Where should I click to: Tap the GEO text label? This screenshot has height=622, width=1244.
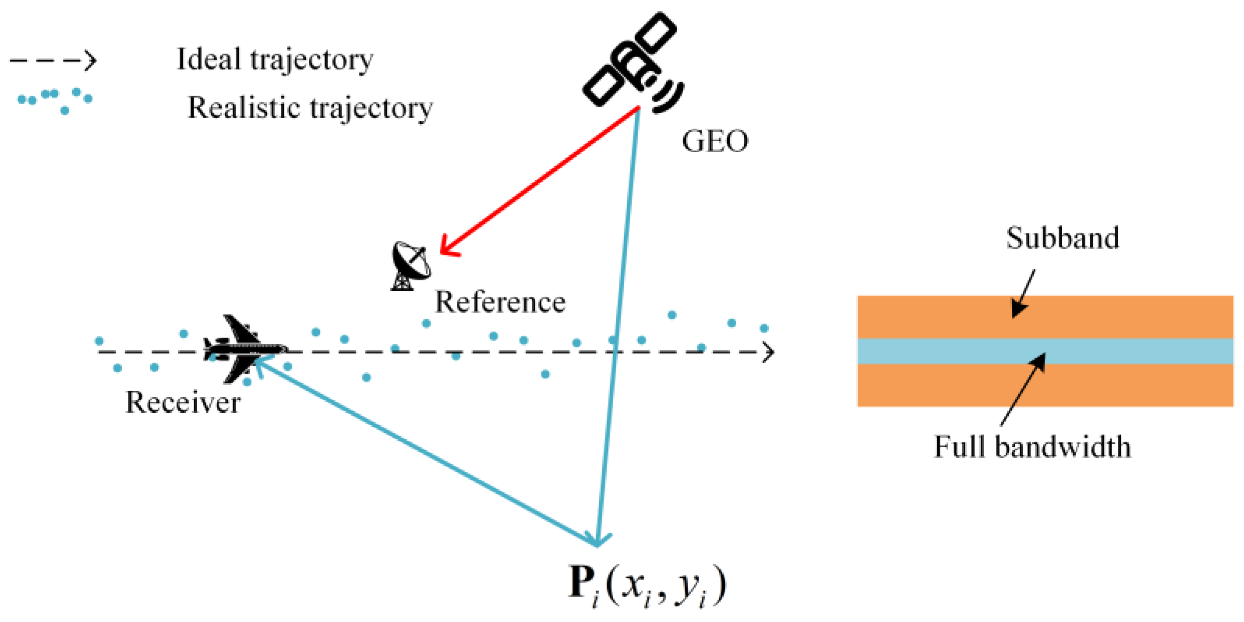click(x=714, y=141)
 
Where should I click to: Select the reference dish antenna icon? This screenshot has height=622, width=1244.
click(x=410, y=265)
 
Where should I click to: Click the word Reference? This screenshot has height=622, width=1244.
click(x=499, y=302)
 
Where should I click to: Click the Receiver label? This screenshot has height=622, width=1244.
click(x=183, y=402)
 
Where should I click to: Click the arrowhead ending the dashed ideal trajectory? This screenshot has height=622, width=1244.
click(x=768, y=352)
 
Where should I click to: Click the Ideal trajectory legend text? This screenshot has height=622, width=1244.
click(x=275, y=60)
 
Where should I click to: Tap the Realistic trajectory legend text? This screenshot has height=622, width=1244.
click(x=310, y=108)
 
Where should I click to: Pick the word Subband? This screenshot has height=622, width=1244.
click(x=1062, y=238)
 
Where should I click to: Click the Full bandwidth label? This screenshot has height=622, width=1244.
click(x=1032, y=447)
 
